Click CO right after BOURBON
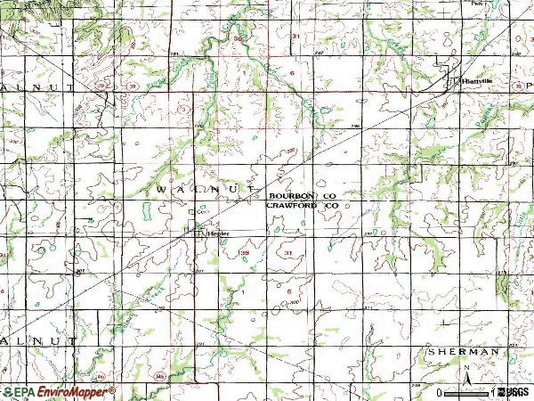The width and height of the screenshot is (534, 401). click(x=329, y=194)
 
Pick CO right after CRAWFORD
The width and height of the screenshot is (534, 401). click(x=332, y=205)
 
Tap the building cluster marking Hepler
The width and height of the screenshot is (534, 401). click(x=198, y=233)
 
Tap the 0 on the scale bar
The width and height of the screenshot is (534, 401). click(x=441, y=391)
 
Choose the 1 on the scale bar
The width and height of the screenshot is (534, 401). click(x=492, y=391)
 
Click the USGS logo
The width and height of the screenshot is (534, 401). click(x=514, y=391)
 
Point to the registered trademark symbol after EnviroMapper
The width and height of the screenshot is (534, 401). click(x=112, y=389)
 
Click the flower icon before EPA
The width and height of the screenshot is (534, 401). click(x=7, y=391)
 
